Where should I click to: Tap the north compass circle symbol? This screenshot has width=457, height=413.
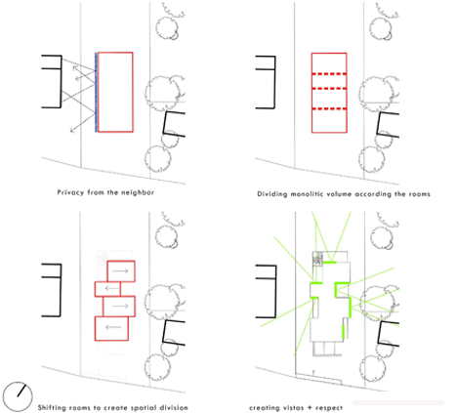pyautogui.click(x=18, y=396)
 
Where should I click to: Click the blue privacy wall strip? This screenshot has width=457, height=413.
pyautogui.click(x=96, y=92)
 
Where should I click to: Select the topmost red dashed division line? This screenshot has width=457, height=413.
pyautogui.click(x=329, y=74)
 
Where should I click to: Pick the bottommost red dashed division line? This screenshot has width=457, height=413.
pyautogui.click(x=329, y=108)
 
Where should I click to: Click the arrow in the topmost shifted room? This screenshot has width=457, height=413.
pyautogui.click(x=121, y=270)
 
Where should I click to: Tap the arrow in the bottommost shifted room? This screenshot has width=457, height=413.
pyautogui.click(x=113, y=327)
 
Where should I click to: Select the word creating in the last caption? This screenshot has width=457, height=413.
pyautogui.click(x=262, y=408)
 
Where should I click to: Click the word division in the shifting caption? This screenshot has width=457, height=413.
pyautogui.click(x=174, y=408)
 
